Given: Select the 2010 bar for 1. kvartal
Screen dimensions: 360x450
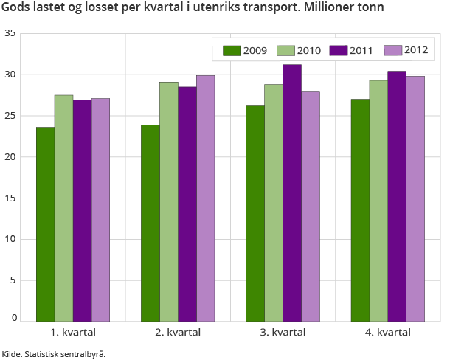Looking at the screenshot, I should click(x=63, y=208).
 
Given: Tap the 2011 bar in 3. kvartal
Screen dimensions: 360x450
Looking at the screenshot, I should click(x=291, y=193).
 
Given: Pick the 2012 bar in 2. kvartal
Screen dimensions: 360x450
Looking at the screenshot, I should click(x=205, y=198).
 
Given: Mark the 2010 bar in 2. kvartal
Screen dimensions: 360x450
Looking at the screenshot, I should click(x=168, y=201).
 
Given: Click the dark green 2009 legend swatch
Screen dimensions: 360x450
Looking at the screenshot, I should click(x=232, y=50).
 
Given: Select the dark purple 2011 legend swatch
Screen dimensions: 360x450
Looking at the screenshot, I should click(x=339, y=50).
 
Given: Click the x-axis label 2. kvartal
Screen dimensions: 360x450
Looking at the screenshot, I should click(x=178, y=333).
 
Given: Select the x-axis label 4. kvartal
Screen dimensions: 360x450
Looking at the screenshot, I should click(x=388, y=333).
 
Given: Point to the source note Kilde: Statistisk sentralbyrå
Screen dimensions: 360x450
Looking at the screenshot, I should click(x=54, y=353).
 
